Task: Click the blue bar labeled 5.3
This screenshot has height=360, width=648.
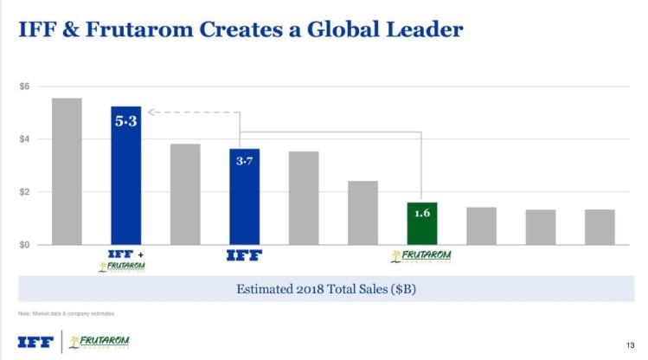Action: point(125,182)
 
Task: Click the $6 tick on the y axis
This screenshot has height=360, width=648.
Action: point(25,87)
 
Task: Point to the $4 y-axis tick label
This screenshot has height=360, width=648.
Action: point(25,139)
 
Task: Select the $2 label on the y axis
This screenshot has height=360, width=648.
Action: point(25,192)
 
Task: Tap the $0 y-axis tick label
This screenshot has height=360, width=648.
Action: point(25,245)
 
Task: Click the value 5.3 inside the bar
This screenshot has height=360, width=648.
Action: point(125,122)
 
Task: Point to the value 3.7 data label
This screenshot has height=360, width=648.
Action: point(244,163)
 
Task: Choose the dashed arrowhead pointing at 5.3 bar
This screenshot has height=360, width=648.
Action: point(151,112)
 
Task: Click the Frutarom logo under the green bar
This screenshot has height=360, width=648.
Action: point(421,256)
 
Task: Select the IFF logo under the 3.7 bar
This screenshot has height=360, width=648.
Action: point(243,255)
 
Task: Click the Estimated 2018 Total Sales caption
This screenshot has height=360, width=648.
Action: point(326,289)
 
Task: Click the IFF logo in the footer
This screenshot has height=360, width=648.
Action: point(35,341)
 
